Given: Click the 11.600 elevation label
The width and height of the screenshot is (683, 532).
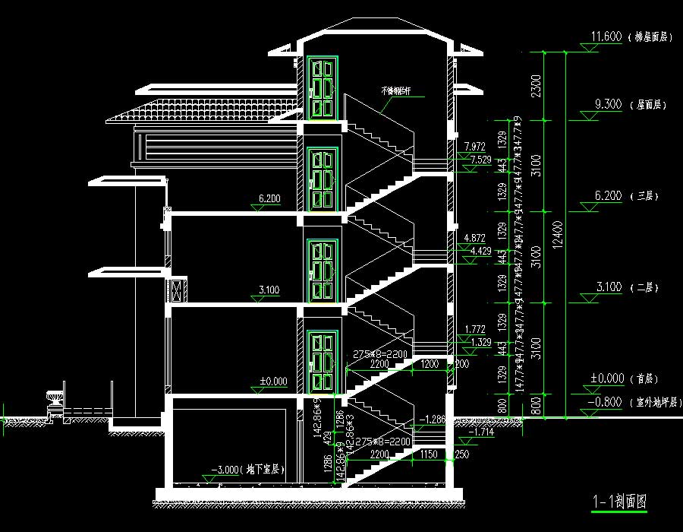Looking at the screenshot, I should [606, 36].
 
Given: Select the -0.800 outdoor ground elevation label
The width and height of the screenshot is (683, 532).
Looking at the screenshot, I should [605, 402].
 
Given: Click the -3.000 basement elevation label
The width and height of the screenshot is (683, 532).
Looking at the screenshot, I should [228, 470].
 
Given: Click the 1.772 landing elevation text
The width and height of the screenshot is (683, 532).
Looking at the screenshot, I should [475, 330].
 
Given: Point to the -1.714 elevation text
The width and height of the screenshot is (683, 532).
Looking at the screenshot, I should [481, 431].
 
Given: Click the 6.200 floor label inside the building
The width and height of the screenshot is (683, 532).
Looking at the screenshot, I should [269, 199].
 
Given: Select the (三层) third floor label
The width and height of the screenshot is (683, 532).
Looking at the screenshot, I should [645, 196].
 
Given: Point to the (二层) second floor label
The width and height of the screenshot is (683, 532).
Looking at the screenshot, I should [645, 287].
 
